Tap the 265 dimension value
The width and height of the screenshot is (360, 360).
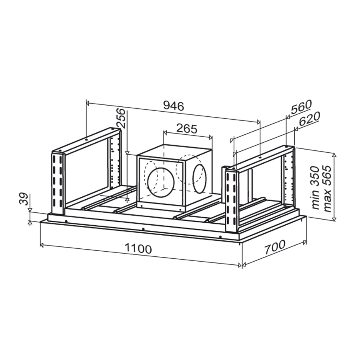(x=187, y=129)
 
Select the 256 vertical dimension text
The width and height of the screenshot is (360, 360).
(x=121, y=118)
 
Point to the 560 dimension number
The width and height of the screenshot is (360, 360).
(x=301, y=108)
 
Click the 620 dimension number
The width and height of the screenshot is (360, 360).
(x=309, y=119)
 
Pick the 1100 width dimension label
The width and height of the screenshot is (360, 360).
(x=138, y=248)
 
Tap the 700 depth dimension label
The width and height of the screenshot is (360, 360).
(x=275, y=247)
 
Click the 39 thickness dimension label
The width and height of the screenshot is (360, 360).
(x=24, y=199)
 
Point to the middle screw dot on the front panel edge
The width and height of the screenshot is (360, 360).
(x=143, y=229)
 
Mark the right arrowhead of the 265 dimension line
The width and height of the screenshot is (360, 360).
(x=210, y=137)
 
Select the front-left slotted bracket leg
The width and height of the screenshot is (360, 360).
(x=57, y=182)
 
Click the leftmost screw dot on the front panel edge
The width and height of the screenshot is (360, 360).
(x=66, y=221)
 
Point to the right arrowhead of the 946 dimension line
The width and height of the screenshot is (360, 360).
(x=258, y=122)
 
